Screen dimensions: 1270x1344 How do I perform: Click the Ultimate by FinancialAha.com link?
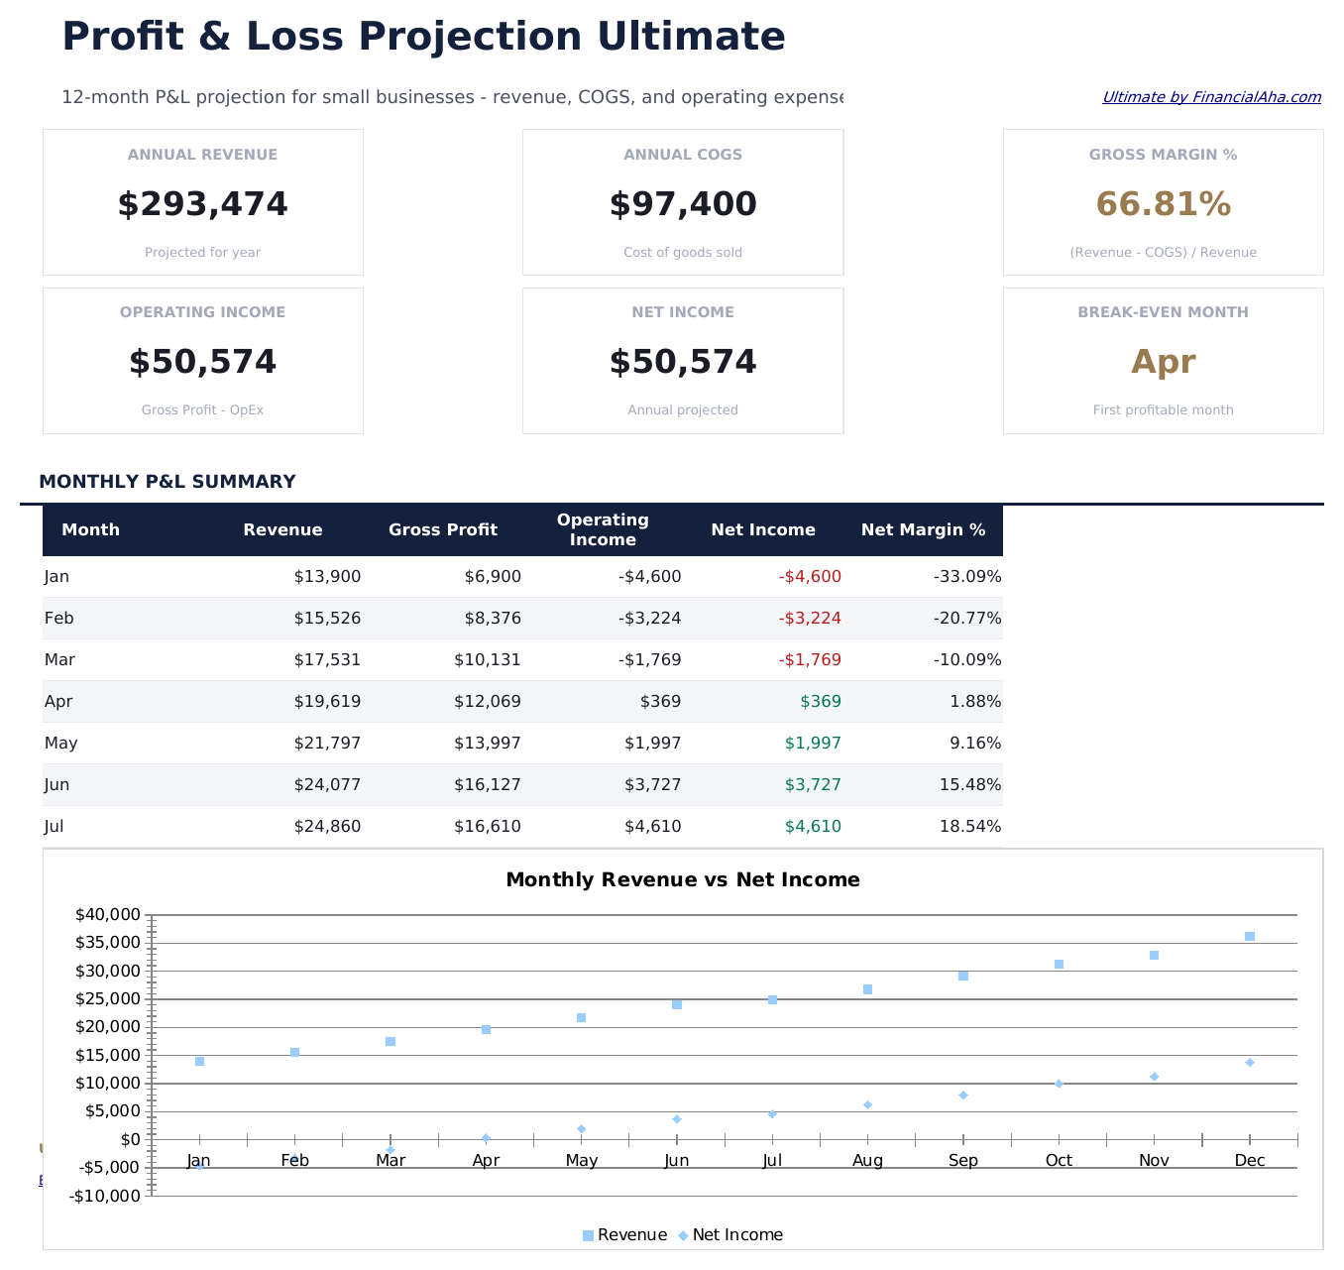pos(1211,97)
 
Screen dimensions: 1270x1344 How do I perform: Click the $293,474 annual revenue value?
pos(202,204)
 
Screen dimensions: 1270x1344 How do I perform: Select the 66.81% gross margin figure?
pos(1163,204)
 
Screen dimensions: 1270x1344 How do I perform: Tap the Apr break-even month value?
pos(1163,362)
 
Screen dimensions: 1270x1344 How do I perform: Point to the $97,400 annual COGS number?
pos(682,204)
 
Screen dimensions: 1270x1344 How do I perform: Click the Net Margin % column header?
pos(923,529)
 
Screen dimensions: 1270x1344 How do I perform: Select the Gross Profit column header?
pos(442,529)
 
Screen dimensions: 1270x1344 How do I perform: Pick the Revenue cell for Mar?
pos(327,659)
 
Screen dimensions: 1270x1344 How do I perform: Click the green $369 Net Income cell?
pos(821,701)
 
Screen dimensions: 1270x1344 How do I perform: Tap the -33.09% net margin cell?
pos(967,576)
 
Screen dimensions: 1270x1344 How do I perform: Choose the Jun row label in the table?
pos(56,784)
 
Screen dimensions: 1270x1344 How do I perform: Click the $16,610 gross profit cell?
pos(487,826)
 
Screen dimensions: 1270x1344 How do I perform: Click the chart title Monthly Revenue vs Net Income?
pos(682,879)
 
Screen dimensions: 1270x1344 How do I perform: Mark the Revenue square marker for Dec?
pos(1250,936)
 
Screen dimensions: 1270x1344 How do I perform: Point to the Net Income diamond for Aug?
pos(867,1104)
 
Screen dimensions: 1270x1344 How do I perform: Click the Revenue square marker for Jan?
pos(199,1061)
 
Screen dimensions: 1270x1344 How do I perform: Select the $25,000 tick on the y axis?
pos(108,998)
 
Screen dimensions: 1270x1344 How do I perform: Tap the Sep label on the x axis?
pos(962,1160)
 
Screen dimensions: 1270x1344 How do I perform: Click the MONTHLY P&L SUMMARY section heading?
pos(167,482)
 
